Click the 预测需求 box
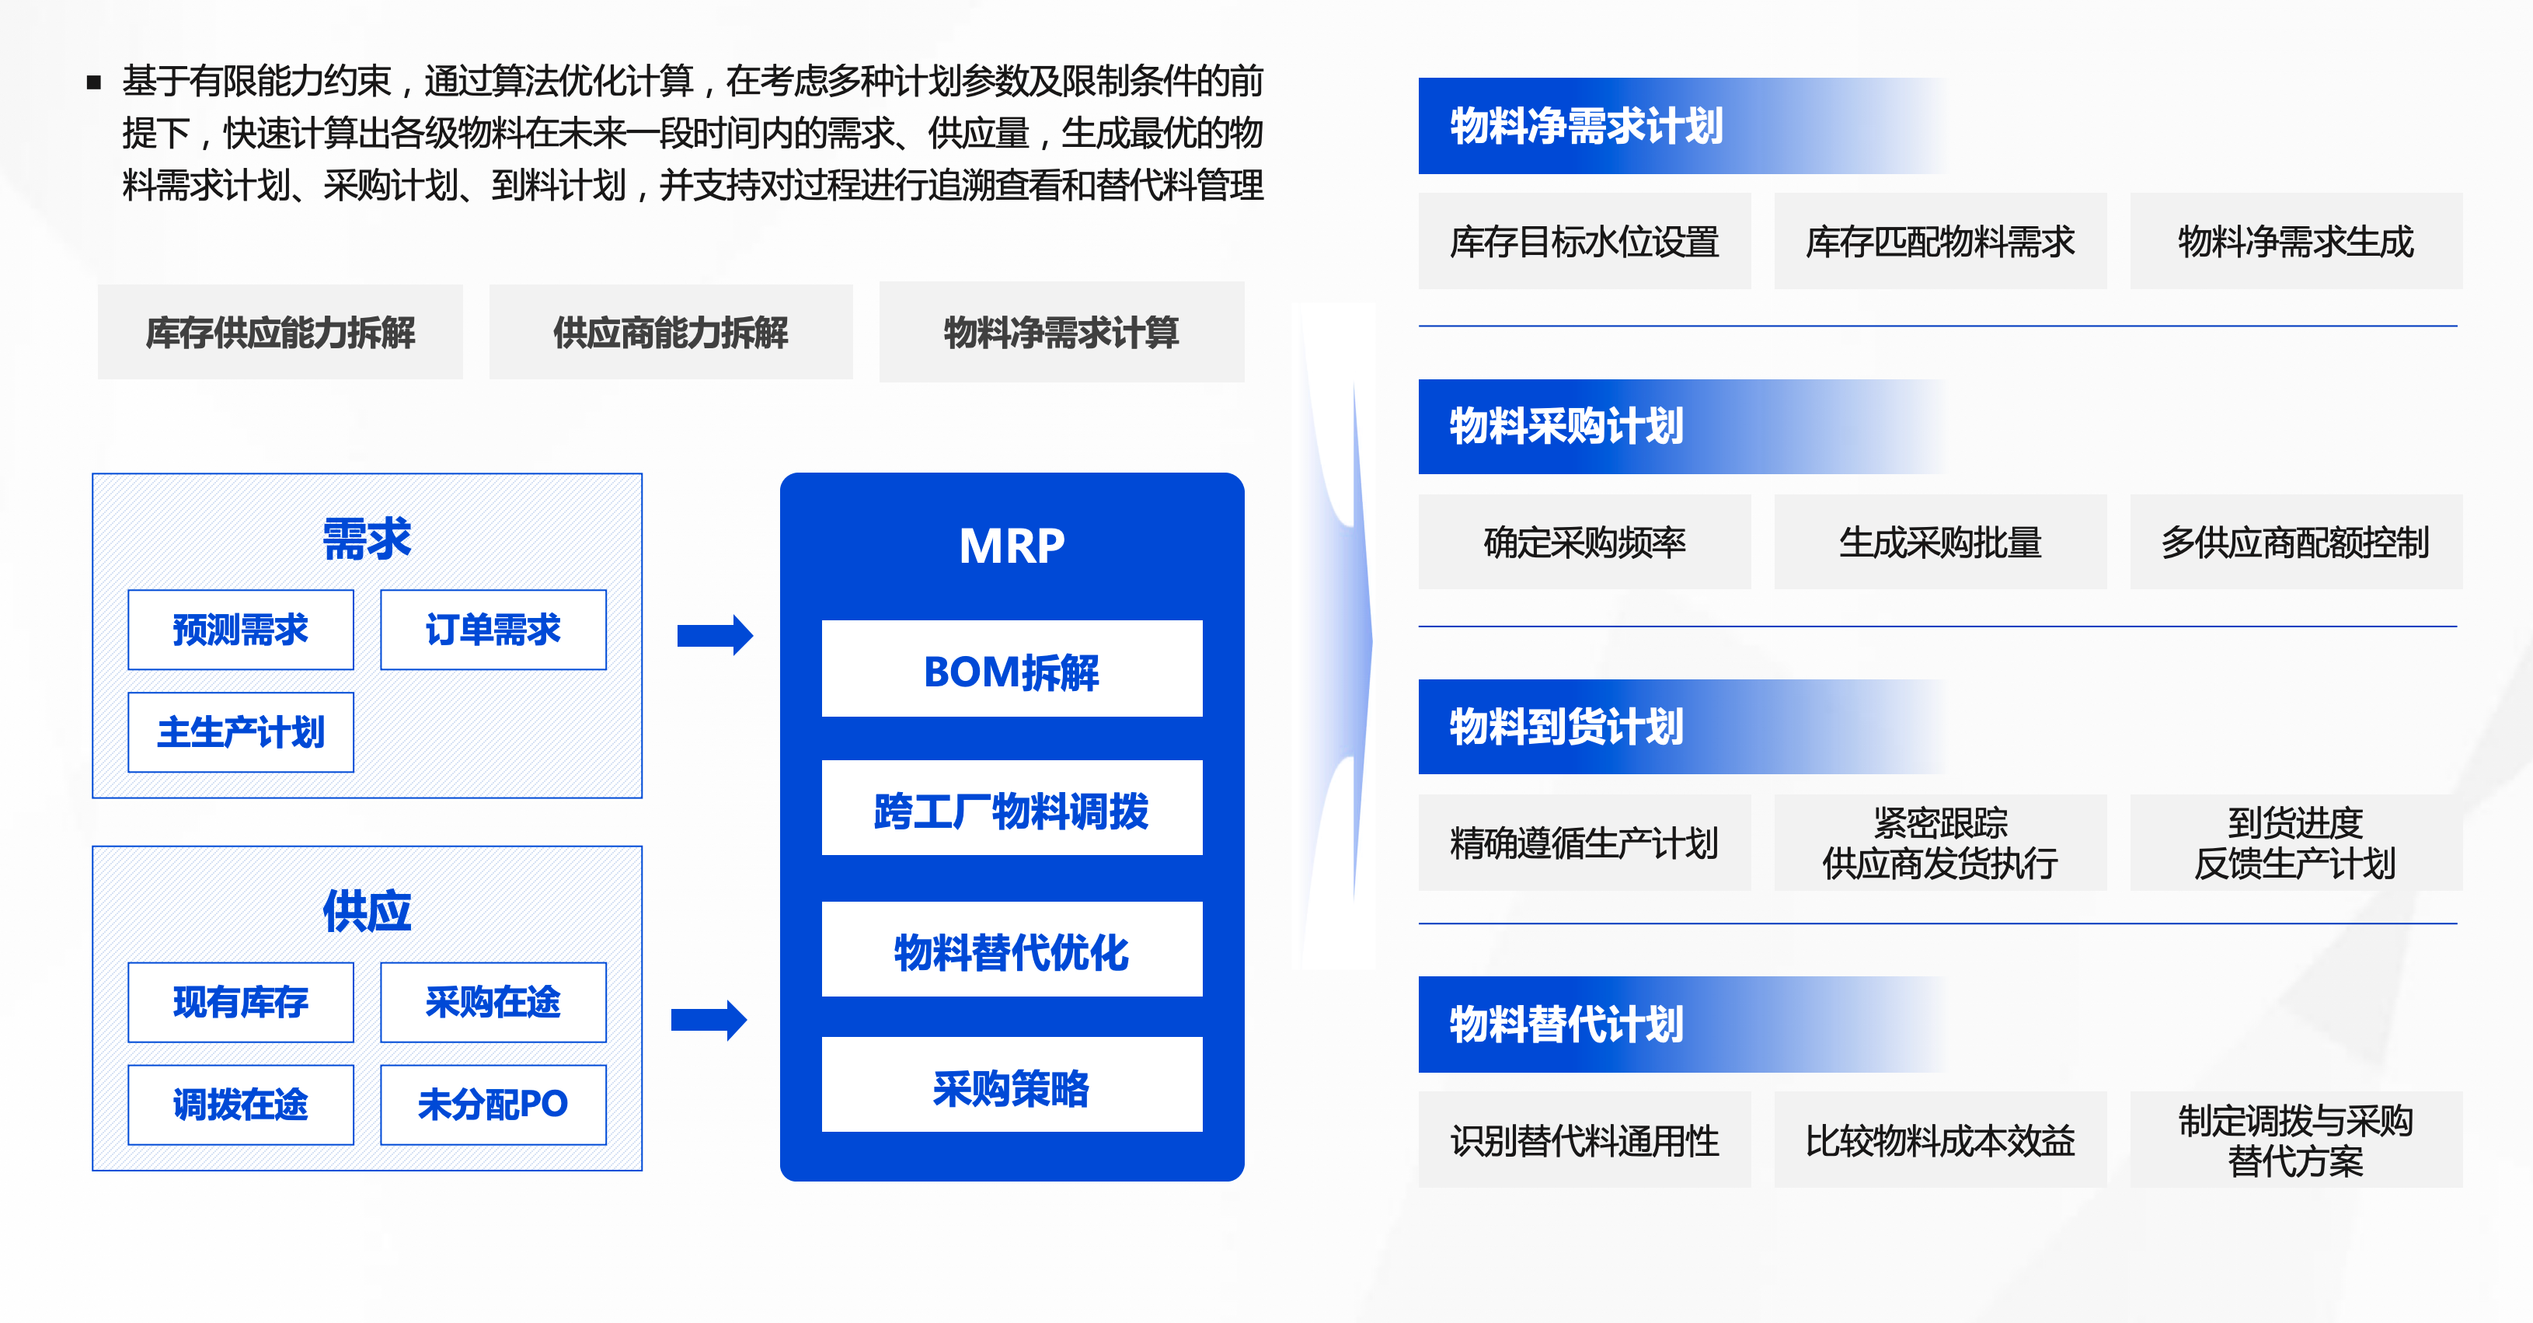point(240,630)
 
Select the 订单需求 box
point(493,630)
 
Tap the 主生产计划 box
point(240,731)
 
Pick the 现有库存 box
point(240,1001)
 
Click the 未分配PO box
point(493,1104)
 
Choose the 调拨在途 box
point(240,1104)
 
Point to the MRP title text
point(1011,546)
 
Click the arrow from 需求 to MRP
point(715,634)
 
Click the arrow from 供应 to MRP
point(709,1019)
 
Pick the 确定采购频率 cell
point(1584,542)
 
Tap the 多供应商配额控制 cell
point(2295,542)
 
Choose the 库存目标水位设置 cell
point(1584,241)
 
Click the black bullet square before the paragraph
point(94,82)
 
